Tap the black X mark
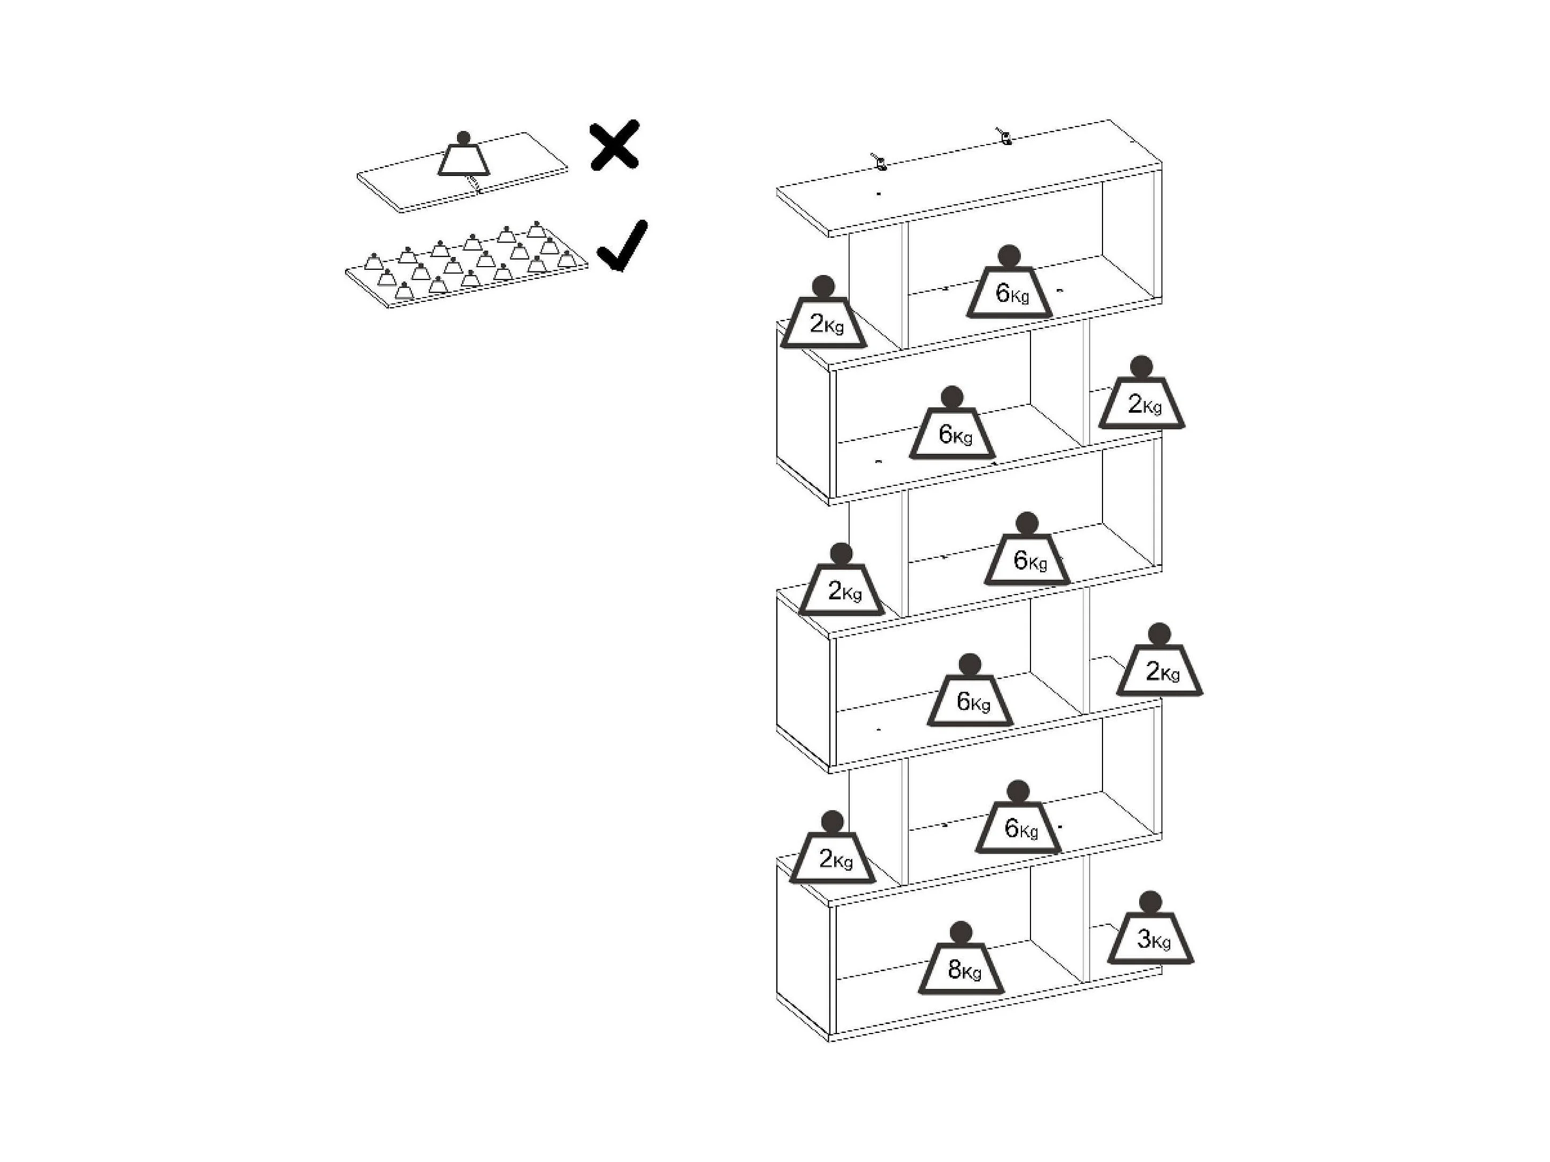coord(614,145)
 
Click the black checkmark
coord(622,246)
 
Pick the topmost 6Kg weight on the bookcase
coord(1009,291)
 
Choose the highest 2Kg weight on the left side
coord(824,322)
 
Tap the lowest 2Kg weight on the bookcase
coord(833,858)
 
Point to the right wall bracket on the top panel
coord(1005,136)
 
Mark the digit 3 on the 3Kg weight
coord(1144,939)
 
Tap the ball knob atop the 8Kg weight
coord(961,932)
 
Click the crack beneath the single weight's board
coord(476,184)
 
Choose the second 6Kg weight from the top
coord(952,433)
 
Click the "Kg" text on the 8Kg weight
coord(971,972)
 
